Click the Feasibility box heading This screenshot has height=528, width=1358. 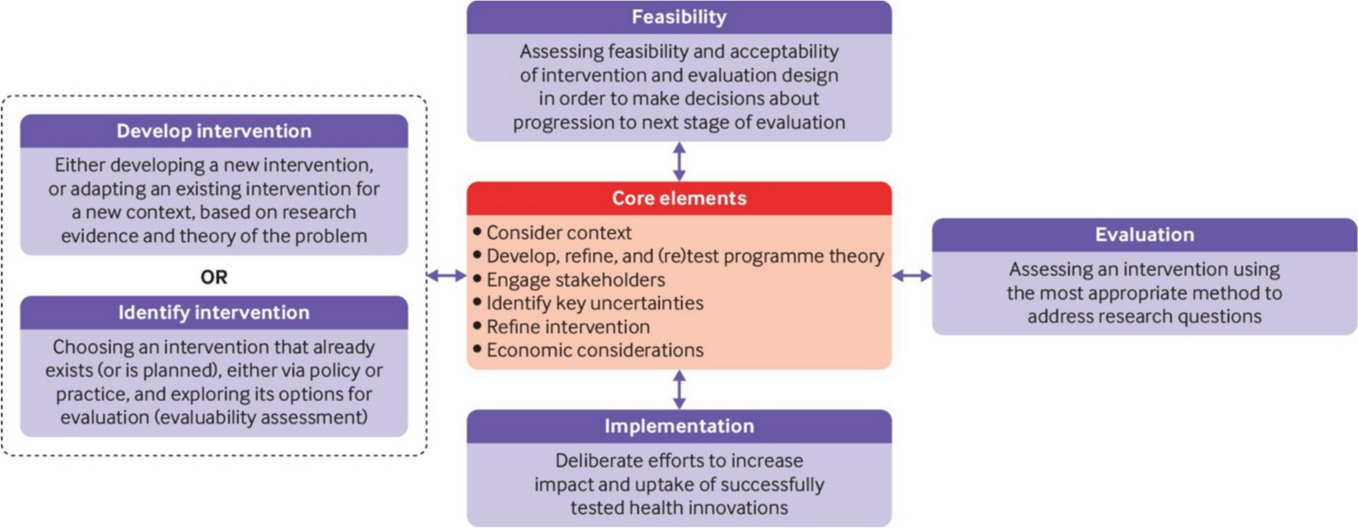pyautogui.click(x=679, y=17)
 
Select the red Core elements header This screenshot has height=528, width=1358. pyautogui.click(x=679, y=198)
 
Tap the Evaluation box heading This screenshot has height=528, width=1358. pyautogui.click(x=1144, y=235)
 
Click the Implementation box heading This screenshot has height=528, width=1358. pyautogui.click(x=679, y=427)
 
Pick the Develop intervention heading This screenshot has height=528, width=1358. pyautogui.click(x=214, y=131)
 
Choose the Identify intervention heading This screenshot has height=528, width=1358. pyautogui.click(x=214, y=313)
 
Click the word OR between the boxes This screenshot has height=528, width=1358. pyautogui.click(x=214, y=277)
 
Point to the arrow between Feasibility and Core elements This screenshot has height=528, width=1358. pyautogui.click(x=679, y=162)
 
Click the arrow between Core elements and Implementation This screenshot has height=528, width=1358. pyautogui.click(x=679, y=390)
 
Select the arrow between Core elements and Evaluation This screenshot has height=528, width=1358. pyautogui.click(x=912, y=276)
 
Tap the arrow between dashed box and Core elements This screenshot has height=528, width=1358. pyautogui.click(x=446, y=276)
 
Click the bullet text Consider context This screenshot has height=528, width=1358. pyautogui.click(x=559, y=233)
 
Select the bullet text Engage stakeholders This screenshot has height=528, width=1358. pyautogui.click(x=575, y=280)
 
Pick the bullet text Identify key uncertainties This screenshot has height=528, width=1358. pyautogui.click(x=595, y=304)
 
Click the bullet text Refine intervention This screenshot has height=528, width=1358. pyautogui.click(x=568, y=327)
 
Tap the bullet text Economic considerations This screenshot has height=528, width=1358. pyautogui.click(x=595, y=350)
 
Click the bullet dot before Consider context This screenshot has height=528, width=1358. pyautogui.click(x=477, y=232)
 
